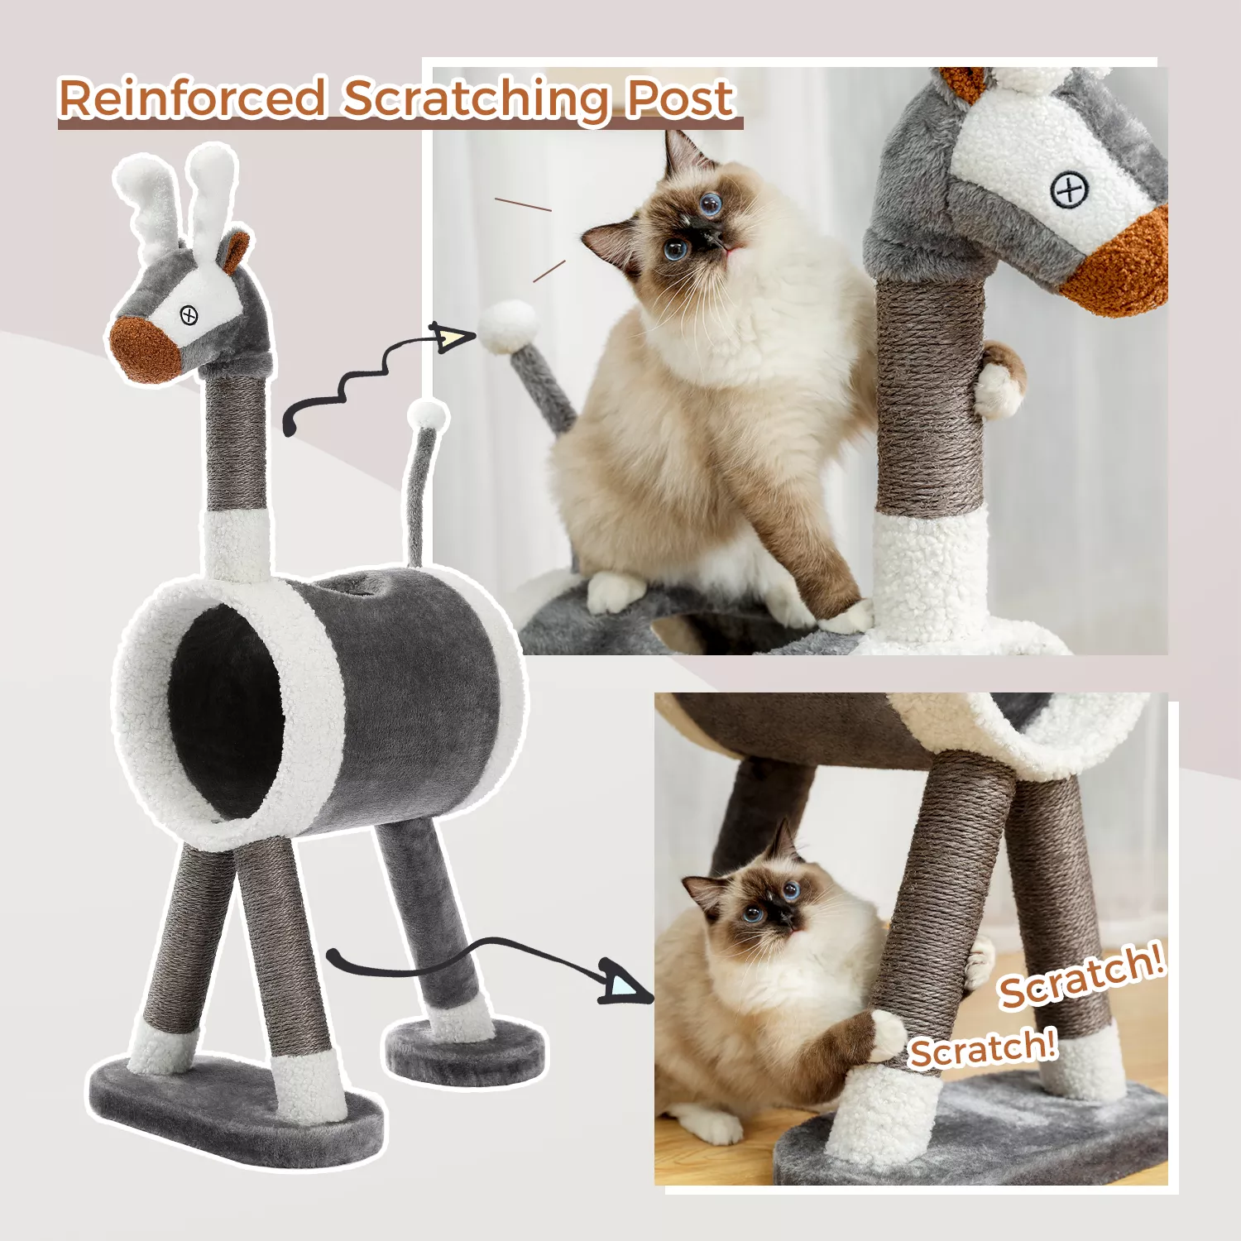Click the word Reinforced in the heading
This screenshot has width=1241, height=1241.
click(x=192, y=98)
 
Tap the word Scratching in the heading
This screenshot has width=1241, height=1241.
click(x=476, y=100)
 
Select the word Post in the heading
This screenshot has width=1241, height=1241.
click(x=679, y=98)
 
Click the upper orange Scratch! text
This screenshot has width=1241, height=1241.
click(x=1082, y=977)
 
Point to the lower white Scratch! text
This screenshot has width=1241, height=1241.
click(x=983, y=1049)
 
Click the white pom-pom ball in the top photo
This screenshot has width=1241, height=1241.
click(x=508, y=324)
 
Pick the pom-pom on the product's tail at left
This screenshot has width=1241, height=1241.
click(x=428, y=414)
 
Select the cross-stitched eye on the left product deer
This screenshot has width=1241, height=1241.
click(x=189, y=315)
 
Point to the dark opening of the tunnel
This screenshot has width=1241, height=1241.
click(x=226, y=712)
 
